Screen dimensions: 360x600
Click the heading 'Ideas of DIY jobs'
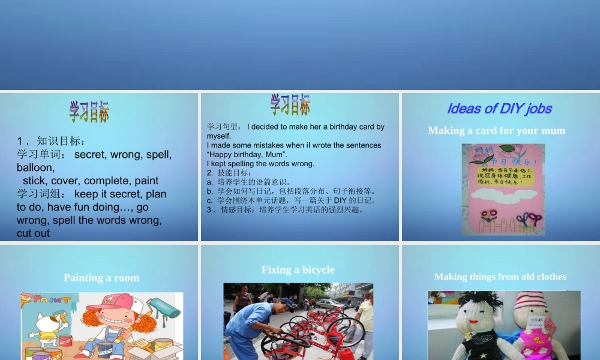pos(499,109)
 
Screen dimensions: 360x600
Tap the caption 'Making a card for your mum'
pos(496,130)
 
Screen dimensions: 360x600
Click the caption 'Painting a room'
pos(101,278)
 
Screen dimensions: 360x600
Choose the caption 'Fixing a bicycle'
pos(298,270)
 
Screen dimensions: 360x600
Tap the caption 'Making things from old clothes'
pos(500,277)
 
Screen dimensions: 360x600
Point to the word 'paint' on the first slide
pos(146,181)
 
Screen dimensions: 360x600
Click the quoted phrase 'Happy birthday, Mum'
pos(246,154)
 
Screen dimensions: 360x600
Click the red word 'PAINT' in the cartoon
pos(51,299)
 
